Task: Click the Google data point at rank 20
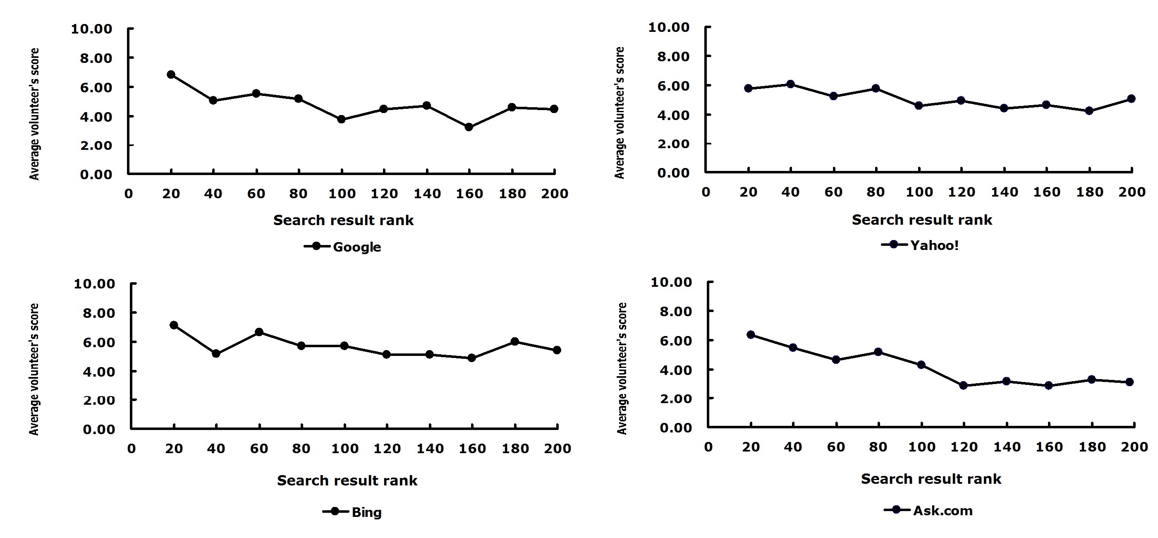click(171, 74)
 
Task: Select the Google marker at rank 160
click(469, 127)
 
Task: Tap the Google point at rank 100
click(341, 119)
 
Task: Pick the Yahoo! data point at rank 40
click(790, 84)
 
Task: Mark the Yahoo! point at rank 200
click(1131, 98)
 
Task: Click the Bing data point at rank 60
click(259, 332)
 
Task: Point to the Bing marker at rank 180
click(515, 341)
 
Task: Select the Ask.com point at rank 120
click(963, 386)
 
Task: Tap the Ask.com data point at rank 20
click(750, 335)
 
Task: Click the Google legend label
click(357, 247)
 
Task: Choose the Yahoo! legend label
click(935, 245)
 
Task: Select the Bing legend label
click(367, 512)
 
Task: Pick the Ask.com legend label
click(943, 511)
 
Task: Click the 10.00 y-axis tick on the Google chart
click(92, 29)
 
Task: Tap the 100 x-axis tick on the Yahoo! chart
click(919, 192)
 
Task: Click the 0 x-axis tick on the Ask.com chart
click(708, 447)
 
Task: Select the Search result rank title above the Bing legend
click(347, 480)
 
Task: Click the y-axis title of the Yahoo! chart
click(620, 113)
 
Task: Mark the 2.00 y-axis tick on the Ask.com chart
click(676, 399)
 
